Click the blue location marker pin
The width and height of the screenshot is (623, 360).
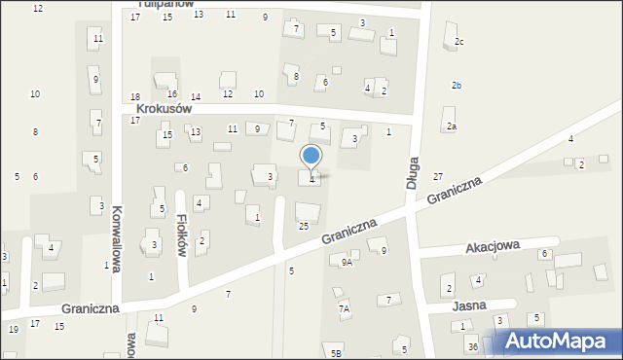tap(311, 158)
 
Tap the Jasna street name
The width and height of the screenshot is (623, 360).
tap(471, 305)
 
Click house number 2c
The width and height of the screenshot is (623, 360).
tap(458, 42)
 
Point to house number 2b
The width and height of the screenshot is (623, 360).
tap(456, 86)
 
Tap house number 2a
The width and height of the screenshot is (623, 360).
tap(451, 126)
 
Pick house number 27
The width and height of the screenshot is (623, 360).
tap(438, 176)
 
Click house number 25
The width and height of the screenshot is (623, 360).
tap(304, 226)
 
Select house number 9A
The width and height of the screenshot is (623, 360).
tap(347, 262)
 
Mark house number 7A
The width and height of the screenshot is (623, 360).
tap(344, 308)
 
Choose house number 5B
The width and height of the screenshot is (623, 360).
tap(336, 352)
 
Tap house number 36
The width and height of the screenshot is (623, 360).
tap(472, 347)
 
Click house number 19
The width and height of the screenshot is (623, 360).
tap(14, 330)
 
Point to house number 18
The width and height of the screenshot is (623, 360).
tap(135, 96)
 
